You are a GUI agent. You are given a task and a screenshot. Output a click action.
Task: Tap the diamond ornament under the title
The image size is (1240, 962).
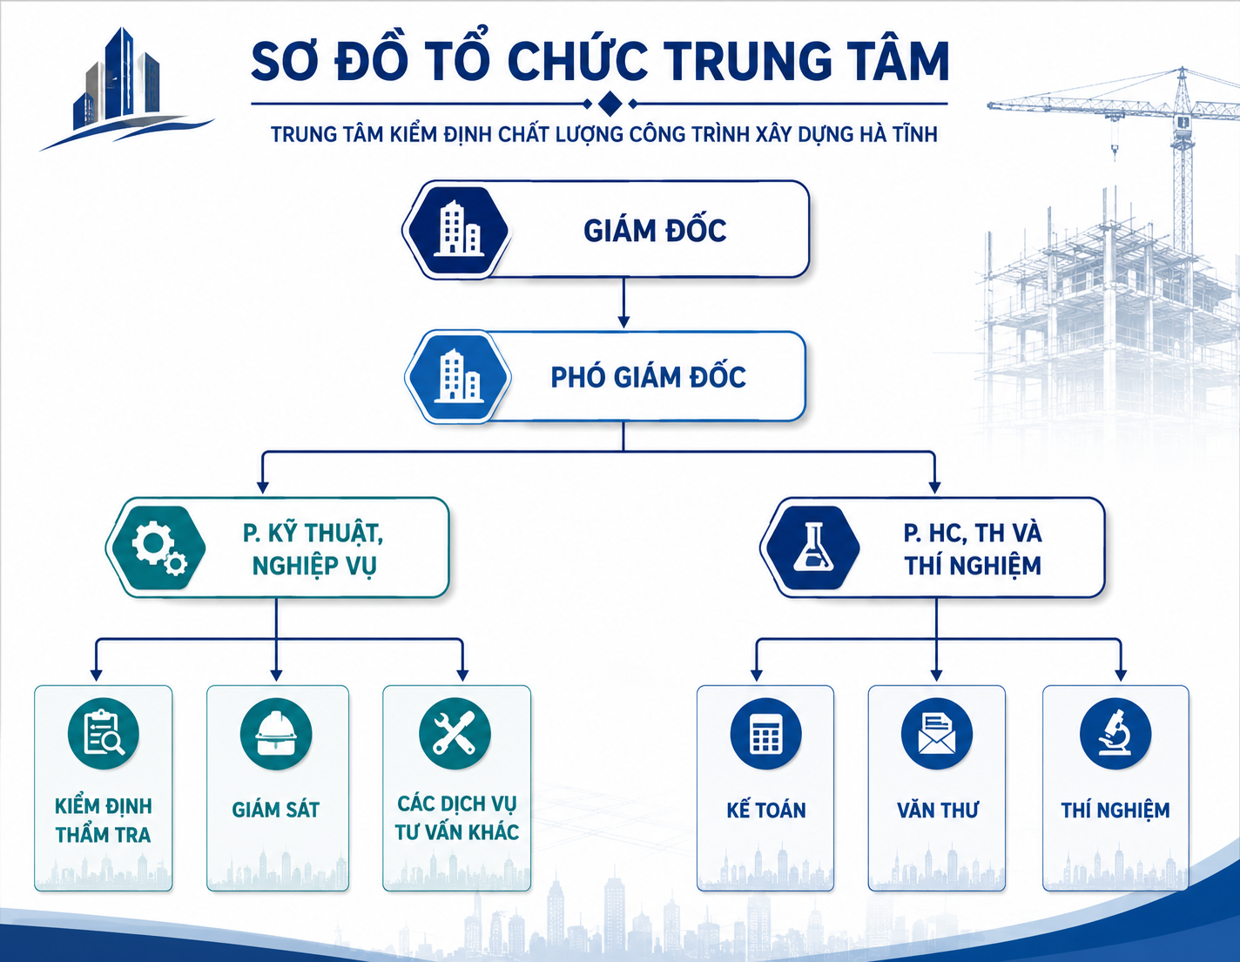point(610,104)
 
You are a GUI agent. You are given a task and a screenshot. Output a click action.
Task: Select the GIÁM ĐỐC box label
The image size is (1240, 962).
point(655,231)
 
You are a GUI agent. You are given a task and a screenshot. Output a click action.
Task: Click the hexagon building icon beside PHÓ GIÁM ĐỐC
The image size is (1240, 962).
point(458,376)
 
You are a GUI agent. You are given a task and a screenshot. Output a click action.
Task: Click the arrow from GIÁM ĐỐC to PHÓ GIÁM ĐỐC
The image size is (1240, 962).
point(623,303)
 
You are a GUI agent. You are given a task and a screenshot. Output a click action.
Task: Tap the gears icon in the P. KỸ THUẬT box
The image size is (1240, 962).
point(159,548)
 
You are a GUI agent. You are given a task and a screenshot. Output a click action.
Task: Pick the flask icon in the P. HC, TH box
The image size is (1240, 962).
point(812,548)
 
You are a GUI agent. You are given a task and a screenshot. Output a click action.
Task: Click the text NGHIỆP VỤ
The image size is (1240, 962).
point(314,566)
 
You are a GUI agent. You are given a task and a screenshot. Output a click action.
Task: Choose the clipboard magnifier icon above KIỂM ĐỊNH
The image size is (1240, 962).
point(104,733)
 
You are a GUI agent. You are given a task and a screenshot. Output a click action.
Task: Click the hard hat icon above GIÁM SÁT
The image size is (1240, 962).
point(276,733)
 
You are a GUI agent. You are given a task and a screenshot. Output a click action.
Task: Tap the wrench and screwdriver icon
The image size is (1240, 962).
point(455,733)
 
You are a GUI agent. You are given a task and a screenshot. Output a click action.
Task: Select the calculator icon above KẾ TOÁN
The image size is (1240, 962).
point(765,733)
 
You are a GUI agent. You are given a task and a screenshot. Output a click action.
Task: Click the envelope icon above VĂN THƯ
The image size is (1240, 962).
point(936,733)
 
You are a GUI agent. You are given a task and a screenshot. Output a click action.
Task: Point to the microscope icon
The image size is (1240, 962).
point(1115,733)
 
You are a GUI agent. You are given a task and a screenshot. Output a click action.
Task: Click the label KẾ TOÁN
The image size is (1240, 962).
point(765,810)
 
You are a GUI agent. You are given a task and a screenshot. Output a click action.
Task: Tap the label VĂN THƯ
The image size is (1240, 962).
point(937,810)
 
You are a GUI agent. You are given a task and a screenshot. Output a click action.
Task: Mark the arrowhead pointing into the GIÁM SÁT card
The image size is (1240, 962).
point(276,676)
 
